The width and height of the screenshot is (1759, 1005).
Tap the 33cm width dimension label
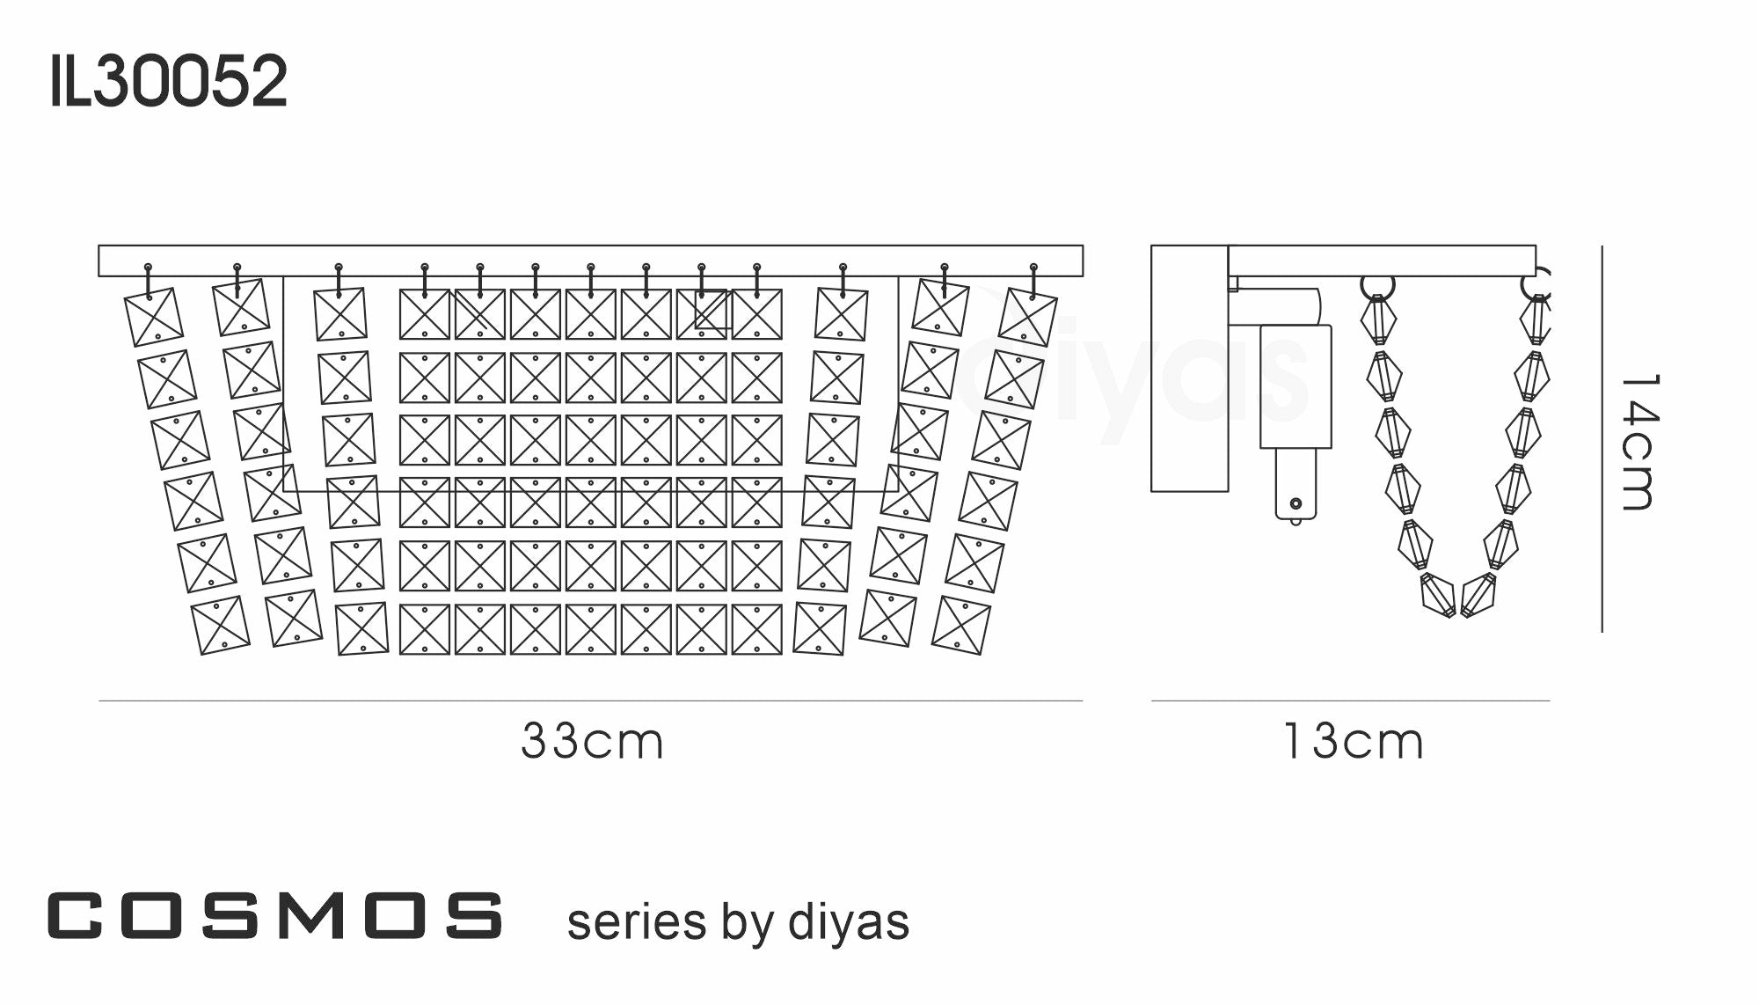click(x=592, y=741)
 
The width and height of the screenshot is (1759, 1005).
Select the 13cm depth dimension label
click(x=1353, y=741)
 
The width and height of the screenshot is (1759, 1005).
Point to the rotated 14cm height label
click(x=1639, y=442)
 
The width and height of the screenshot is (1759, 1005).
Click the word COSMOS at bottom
click(x=275, y=915)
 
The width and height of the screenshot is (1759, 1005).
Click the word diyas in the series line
click(x=848, y=922)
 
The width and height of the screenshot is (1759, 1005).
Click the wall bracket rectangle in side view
click(x=1189, y=368)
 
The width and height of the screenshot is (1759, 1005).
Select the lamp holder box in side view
click(x=1296, y=387)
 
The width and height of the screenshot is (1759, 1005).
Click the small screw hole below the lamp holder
click(x=1296, y=503)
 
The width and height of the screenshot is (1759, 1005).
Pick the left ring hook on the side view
click(x=1377, y=286)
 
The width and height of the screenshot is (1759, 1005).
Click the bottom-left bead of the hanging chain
click(x=1438, y=596)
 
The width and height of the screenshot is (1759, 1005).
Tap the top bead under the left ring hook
click(x=1378, y=320)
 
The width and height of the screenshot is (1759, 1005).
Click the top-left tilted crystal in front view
click(x=154, y=317)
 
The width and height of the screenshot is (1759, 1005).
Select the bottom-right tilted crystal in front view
click(x=960, y=626)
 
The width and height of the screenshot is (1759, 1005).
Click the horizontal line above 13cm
click(x=1350, y=701)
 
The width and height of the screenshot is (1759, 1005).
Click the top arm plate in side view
click(x=1381, y=260)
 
